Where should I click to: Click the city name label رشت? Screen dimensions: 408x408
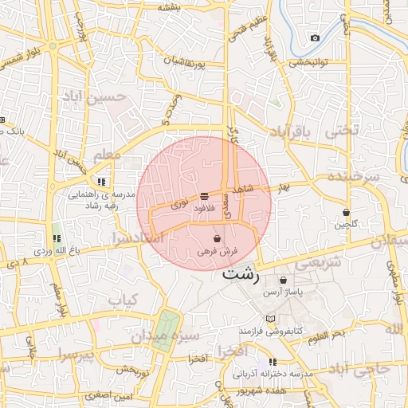(241, 275)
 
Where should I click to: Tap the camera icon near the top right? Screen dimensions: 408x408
(315, 38)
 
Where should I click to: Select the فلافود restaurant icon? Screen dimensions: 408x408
(205, 195)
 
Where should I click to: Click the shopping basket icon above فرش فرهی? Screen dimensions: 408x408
(218, 238)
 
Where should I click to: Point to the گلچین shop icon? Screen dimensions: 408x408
(346, 212)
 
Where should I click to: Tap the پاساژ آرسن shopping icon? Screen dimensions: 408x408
(284, 280)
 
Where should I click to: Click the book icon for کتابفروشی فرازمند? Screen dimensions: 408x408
(271, 318)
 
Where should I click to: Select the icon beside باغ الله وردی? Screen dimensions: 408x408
(57, 238)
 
